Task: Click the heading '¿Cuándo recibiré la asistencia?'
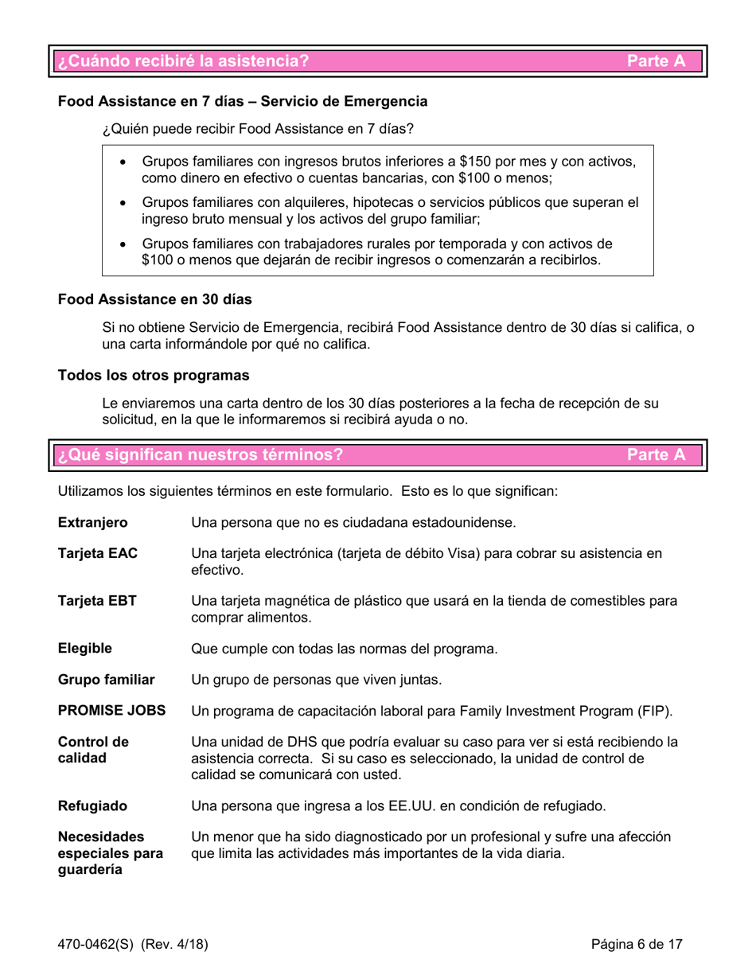pos(179,60)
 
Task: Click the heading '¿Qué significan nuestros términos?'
pos(199,455)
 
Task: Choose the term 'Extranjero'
pos(93,523)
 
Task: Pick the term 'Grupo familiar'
pos(104,681)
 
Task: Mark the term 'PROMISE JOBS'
pos(111,710)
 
